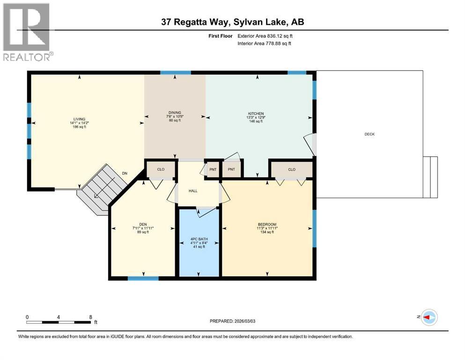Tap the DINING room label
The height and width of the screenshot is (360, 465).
[175, 113]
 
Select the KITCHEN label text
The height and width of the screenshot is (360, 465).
[256, 113]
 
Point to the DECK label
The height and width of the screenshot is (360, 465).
[369, 135]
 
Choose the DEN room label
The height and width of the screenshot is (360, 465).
[143, 224]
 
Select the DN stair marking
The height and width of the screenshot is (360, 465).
[125, 173]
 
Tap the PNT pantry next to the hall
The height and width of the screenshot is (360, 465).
[212, 169]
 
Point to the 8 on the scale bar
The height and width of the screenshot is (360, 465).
[90, 317]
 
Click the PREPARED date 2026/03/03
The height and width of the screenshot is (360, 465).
[233, 321]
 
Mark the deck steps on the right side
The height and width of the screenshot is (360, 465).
[430, 176]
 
